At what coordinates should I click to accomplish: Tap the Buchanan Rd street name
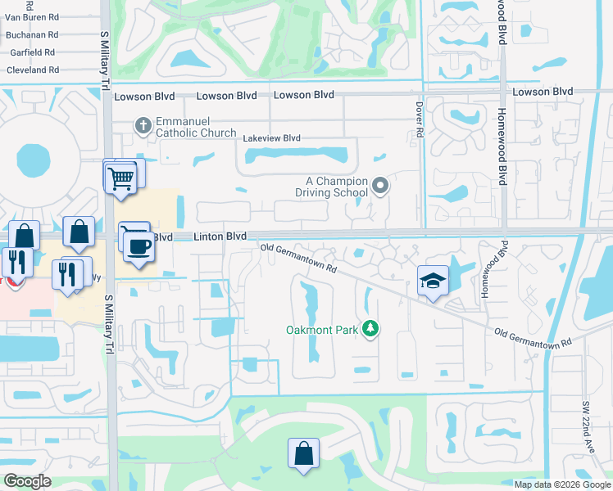[x=31, y=35]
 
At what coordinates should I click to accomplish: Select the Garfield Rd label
[x=30, y=52]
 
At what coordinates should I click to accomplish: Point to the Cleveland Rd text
[x=32, y=70]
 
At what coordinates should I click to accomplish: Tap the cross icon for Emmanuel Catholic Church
[x=143, y=125]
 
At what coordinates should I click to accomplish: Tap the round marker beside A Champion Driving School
[x=379, y=186]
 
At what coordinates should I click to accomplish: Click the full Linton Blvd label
[x=220, y=236]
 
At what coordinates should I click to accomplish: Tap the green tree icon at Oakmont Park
[x=371, y=328]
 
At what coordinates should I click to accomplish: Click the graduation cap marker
[x=434, y=282]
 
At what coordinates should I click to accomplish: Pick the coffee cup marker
[x=139, y=248]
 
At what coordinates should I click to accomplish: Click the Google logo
[x=27, y=481]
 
